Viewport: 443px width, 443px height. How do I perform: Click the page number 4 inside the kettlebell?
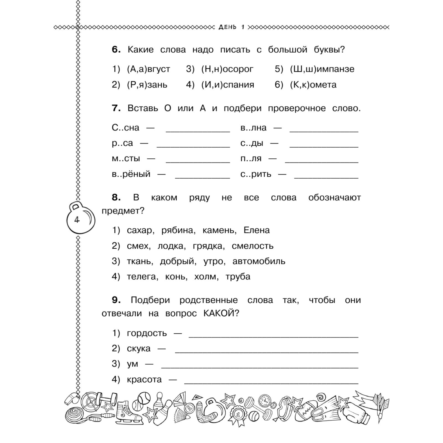(x=77, y=220)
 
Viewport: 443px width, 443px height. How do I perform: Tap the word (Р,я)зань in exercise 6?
(x=147, y=84)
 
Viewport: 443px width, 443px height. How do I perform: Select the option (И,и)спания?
(x=228, y=84)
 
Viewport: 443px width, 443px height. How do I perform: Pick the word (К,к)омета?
(x=313, y=84)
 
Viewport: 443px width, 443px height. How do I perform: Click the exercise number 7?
(x=116, y=108)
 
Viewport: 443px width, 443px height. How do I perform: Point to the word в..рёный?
(x=131, y=174)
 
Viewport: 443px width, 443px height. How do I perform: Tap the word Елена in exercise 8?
(x=256, y=230)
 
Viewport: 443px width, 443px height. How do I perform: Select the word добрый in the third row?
(x=178, y=261)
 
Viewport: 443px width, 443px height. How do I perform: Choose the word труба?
(x=238, y=276)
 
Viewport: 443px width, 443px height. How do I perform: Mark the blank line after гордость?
(x=273, y=336)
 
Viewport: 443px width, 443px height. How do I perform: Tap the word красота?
(x=144, y=379)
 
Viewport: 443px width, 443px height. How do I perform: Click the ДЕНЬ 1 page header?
(x=231, y=27)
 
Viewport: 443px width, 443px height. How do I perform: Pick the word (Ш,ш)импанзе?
(x=322, y=69)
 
